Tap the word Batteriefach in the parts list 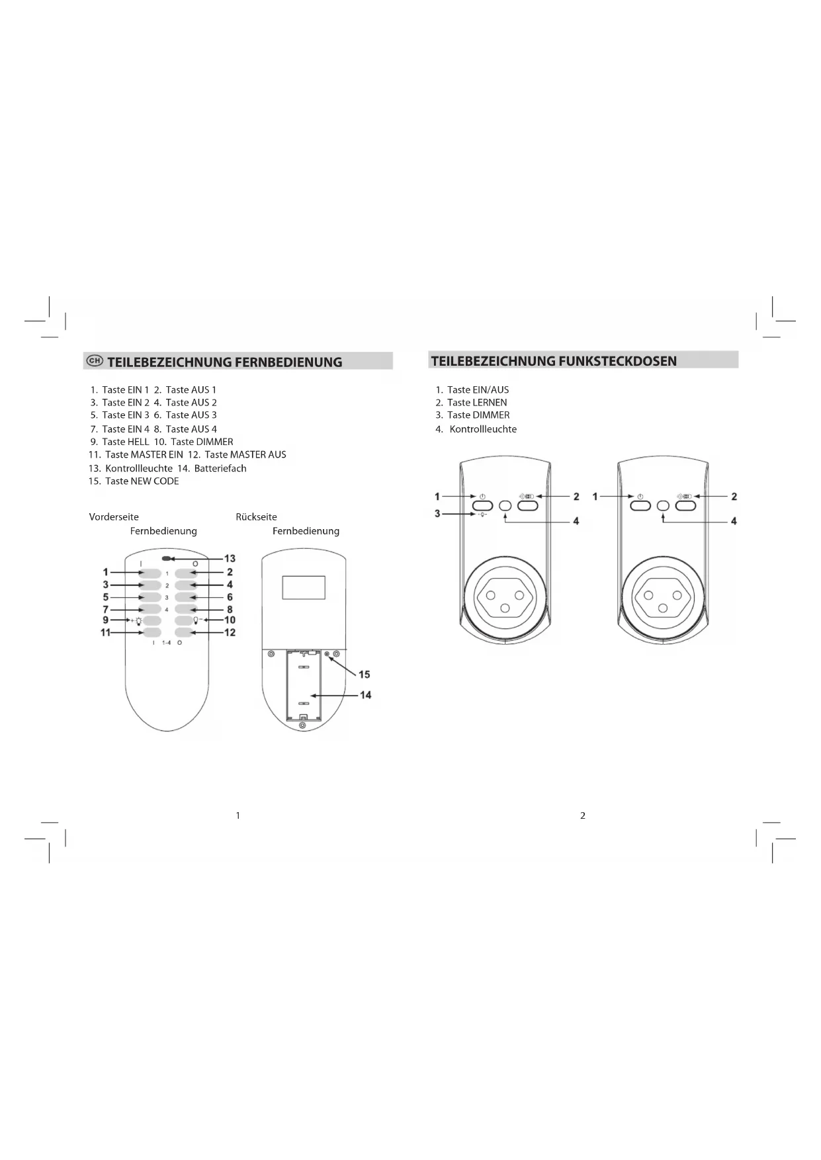[x=220, y=468]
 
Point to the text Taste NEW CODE [x=142, y=481]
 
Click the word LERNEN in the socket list [x=490, y=402]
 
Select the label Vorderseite [x=114, y=517]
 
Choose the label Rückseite [x=256, y=517]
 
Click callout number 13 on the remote [x=230, y=558]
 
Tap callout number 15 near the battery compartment [x=365, y=675]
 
